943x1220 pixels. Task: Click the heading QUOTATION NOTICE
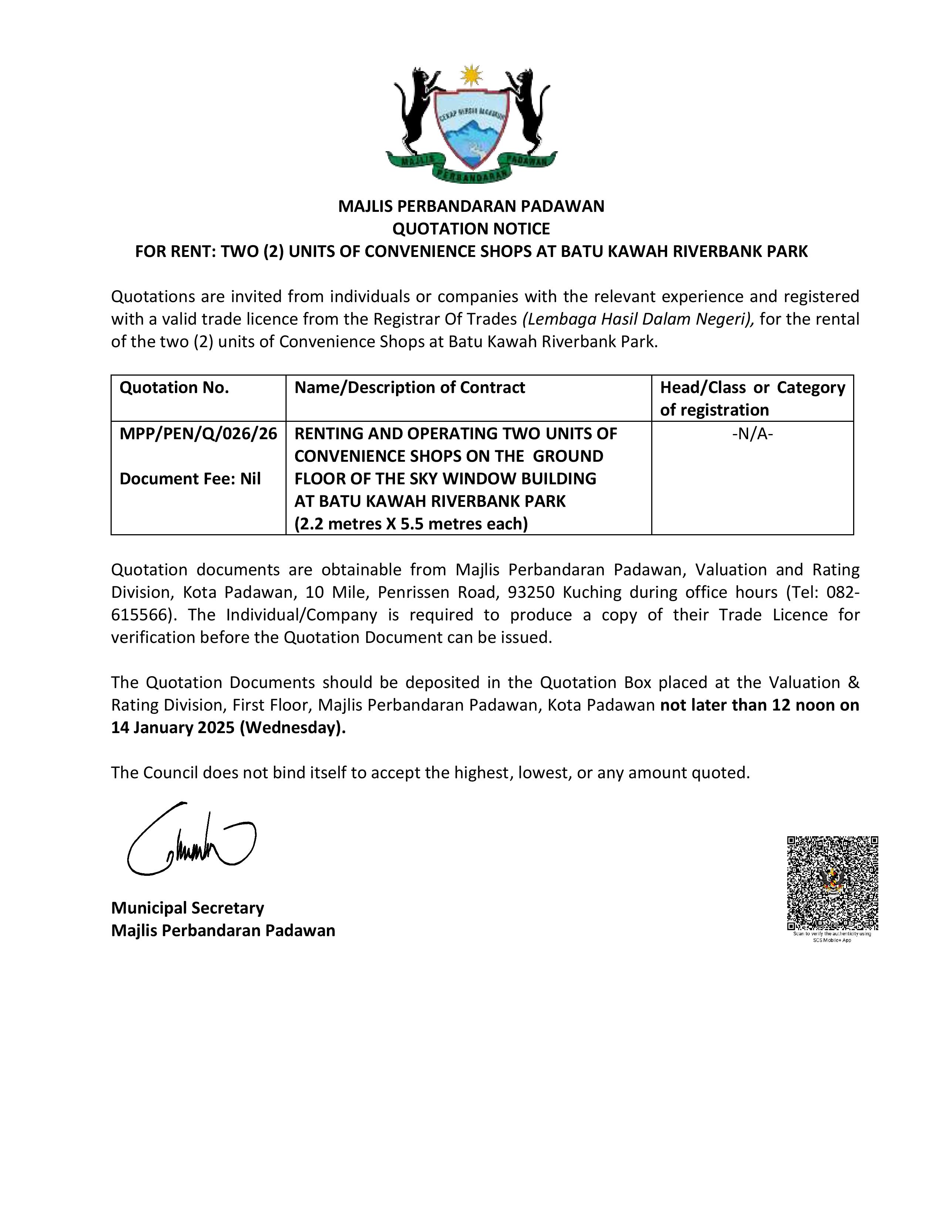click(x=471, y=228)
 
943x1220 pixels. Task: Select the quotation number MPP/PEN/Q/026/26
click(x=198, y=434)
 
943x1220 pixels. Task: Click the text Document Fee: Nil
click(x=190, y=479)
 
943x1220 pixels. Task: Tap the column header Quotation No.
click(x=174, y=388)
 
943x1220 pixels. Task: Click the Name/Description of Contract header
click(x=409, y=388)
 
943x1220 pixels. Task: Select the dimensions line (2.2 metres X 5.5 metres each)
click(x=410, y=524)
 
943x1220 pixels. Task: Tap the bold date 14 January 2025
click(x=173, y=728)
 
